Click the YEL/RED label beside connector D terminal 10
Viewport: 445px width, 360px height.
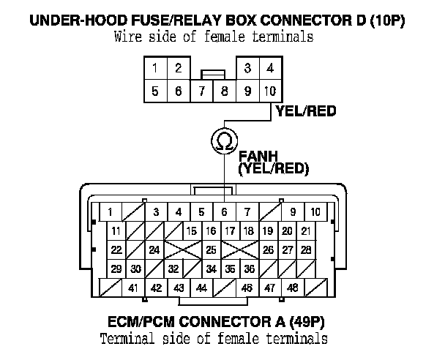coord(305,111)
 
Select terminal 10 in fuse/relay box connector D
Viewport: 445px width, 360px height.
coord(271,91)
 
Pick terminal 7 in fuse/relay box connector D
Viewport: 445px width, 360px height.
coord(202,91)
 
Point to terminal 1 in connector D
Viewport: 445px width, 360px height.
coord(155,69)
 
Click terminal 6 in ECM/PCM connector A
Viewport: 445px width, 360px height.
coord(224,212)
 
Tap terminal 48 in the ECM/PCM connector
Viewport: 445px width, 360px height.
coord(292,288)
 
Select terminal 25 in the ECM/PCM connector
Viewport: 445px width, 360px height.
coord(211,250)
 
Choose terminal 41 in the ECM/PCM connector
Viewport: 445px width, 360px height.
coord(133,288)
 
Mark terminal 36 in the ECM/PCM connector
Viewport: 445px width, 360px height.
coord(249,269)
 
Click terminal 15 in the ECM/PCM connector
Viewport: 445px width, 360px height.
coord(192,231)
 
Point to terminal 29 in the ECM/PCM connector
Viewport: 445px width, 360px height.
coord(116,269)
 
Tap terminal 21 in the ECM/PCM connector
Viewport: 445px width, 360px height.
coord(307,231)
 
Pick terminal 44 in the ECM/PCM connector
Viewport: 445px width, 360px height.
coord(201,288)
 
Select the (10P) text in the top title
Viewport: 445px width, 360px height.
coord(384,21)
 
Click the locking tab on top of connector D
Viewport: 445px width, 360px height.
coord(212,74)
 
